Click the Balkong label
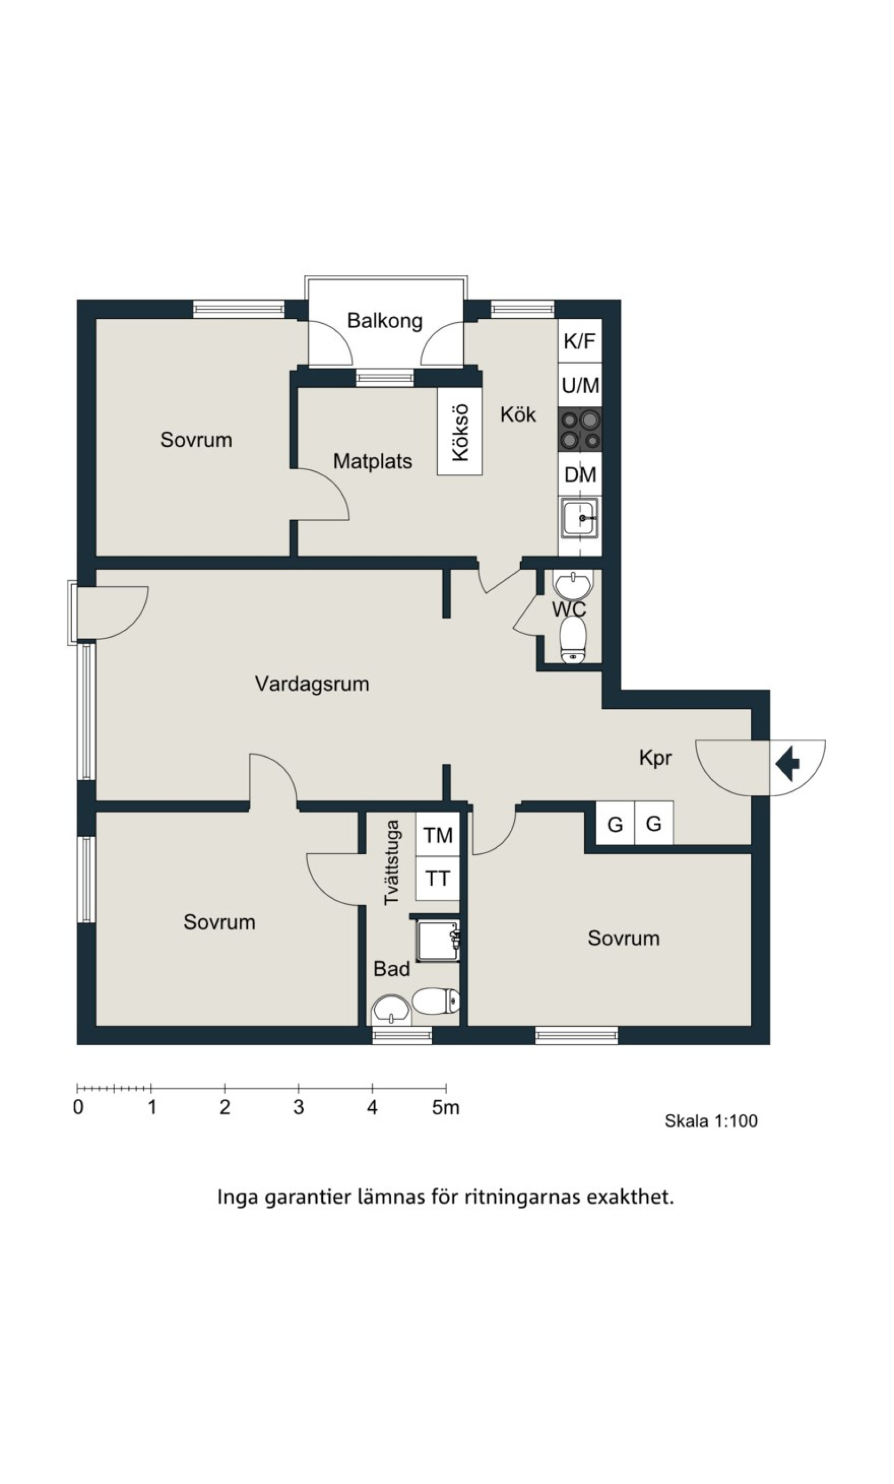pos(385,321)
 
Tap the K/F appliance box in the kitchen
pos(579,341)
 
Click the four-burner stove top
pos(579,430)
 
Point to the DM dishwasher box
pos(579,475)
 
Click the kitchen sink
pos(579,517)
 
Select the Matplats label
pos(372,462)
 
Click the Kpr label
pos(655,758)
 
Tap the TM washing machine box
pos(437,835)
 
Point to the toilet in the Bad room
pos(436,1001)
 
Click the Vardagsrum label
pos(312,684)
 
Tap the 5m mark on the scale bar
pos(446,1107)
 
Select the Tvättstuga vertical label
pos(392,862)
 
